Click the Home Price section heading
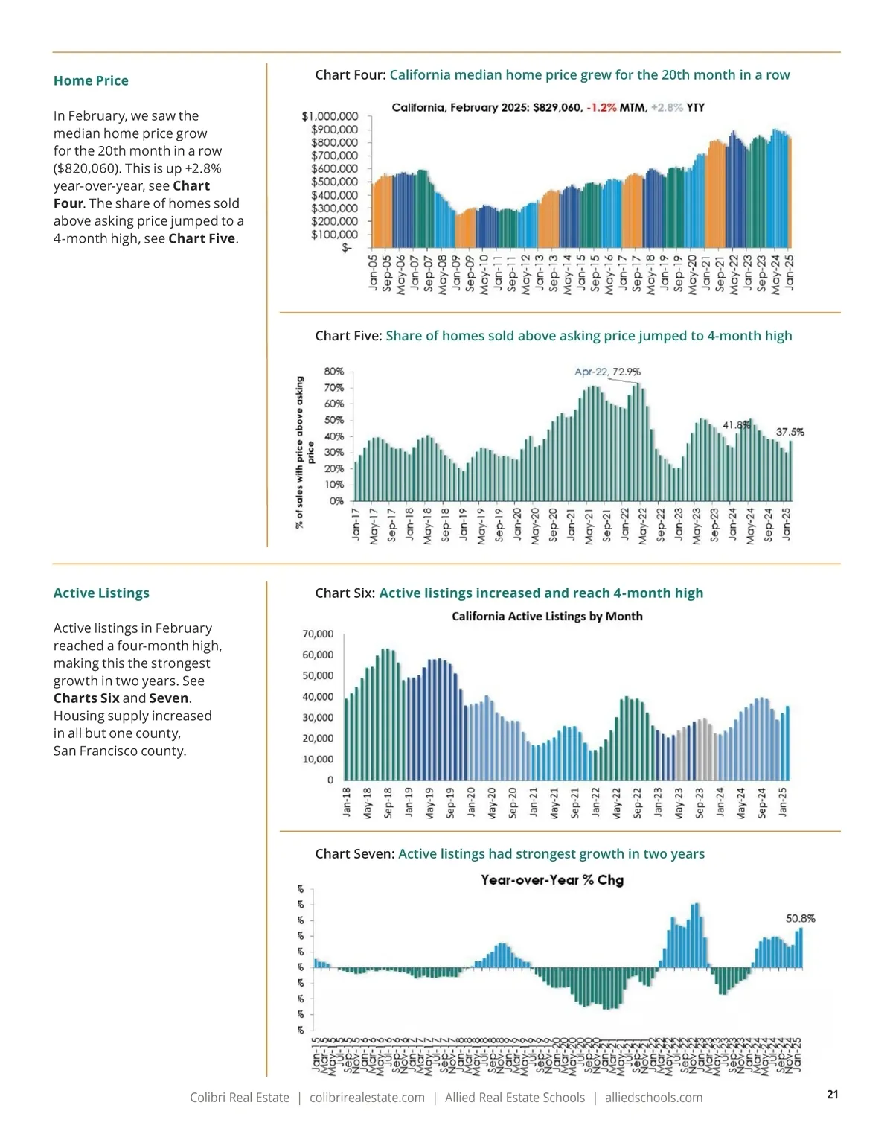(x=91, y=80)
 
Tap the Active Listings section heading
(x=101, y=593)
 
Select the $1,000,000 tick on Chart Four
(x=330, y=116)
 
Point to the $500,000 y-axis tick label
(x=334, y=182)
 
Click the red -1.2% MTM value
(x=601, y=107)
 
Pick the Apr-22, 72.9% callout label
(x=607, y=372)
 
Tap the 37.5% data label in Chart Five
(x=790, y=432)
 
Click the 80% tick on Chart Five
(x=334, y=371)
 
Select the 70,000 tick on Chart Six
(x=318, y=634)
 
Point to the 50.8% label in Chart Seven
(x=800, y=918)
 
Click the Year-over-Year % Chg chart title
(x=552, y=879)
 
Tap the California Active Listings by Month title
(x=547, y=616)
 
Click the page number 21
(x=833, y=1094)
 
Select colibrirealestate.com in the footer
(x=367, y=1098)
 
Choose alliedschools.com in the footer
(x=653, y=1098)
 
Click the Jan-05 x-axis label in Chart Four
(x=374, y=272)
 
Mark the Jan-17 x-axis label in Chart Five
(x=356, y=523)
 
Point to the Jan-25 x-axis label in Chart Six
(x=783, y=802)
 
